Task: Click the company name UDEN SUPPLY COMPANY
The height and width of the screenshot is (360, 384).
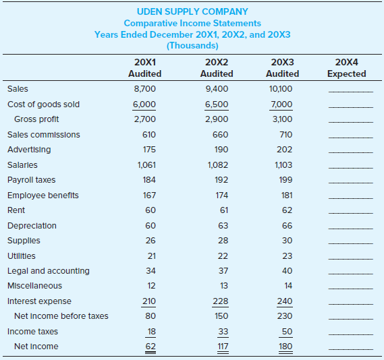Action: (x=192, y=11)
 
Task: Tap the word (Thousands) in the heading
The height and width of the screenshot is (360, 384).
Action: (x=192, y=45)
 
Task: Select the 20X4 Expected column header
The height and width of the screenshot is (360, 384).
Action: (x=346, y=67)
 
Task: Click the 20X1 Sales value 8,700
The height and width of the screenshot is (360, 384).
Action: (x=144, y=89)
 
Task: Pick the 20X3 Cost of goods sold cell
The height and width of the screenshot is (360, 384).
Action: (x=281, y=104)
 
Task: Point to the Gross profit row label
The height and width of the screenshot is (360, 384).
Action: (x=36, y=119)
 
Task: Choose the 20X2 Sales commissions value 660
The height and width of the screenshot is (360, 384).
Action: (x=220, y=135)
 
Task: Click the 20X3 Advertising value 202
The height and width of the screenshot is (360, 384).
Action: (x=285, y=150)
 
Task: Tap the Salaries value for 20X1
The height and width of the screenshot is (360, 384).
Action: (x=146, y=165)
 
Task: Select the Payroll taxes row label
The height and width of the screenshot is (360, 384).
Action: (x=31, y=180)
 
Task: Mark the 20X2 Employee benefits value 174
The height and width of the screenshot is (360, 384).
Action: (x=221, y=195)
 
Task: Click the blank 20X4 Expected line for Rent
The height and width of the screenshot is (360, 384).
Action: (x=351, y=213)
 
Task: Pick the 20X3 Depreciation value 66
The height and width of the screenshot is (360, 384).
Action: (x=287, y=225)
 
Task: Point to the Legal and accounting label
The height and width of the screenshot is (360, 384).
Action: (x=49, y=271)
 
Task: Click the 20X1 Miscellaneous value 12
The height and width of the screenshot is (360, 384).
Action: (x=151, y=286)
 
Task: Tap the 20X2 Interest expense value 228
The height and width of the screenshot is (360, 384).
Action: (x=221, y=301)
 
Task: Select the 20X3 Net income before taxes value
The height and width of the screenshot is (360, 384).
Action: (x=285, y=316)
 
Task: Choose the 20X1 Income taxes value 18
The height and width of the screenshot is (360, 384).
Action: (x=152, y=332)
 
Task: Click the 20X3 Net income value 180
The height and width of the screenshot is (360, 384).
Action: (x=285, y=347)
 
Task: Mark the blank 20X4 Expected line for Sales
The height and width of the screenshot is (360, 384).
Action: (x=351, y=92)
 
